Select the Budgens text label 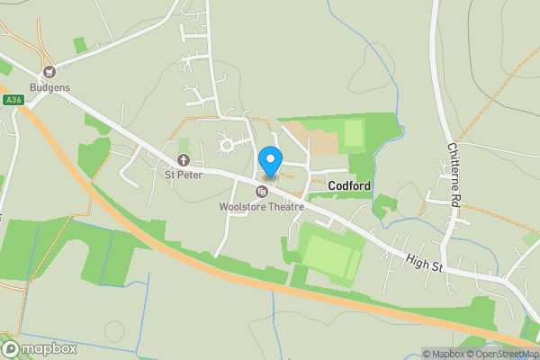(49, 88)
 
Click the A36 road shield (12, 99)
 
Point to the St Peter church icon (184, 160)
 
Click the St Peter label (184, 175)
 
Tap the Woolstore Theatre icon (262, 191)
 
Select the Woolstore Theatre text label (262, 207)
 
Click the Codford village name (350, 184)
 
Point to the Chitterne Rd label (453, 176)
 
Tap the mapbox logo (40, 348)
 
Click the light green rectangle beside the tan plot (354, 133)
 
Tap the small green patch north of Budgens (80, 44)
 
